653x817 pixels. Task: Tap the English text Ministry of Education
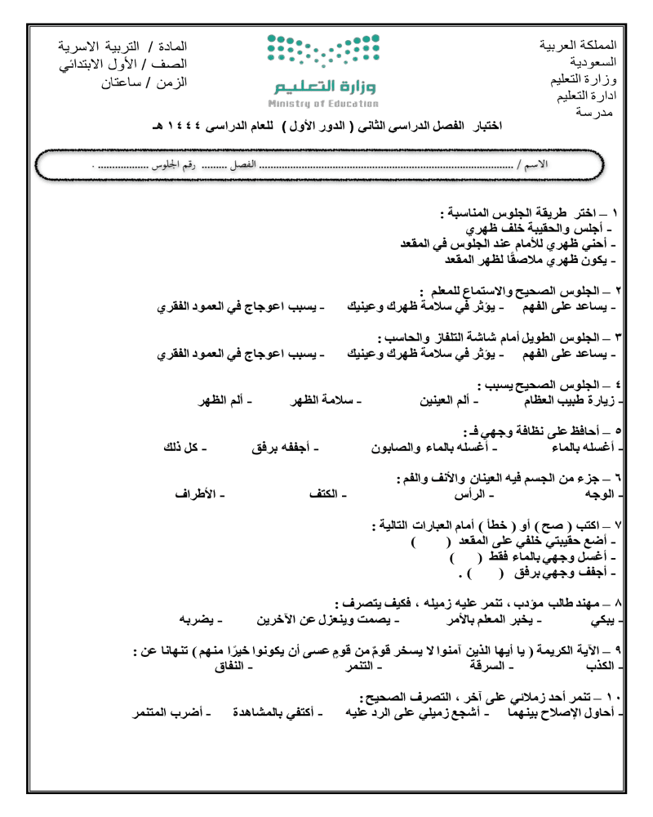point(322,104)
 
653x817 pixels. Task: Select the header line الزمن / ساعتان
point(144,82)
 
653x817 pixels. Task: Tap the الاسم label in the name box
point(535,165)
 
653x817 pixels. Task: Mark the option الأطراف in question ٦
point(199,494)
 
